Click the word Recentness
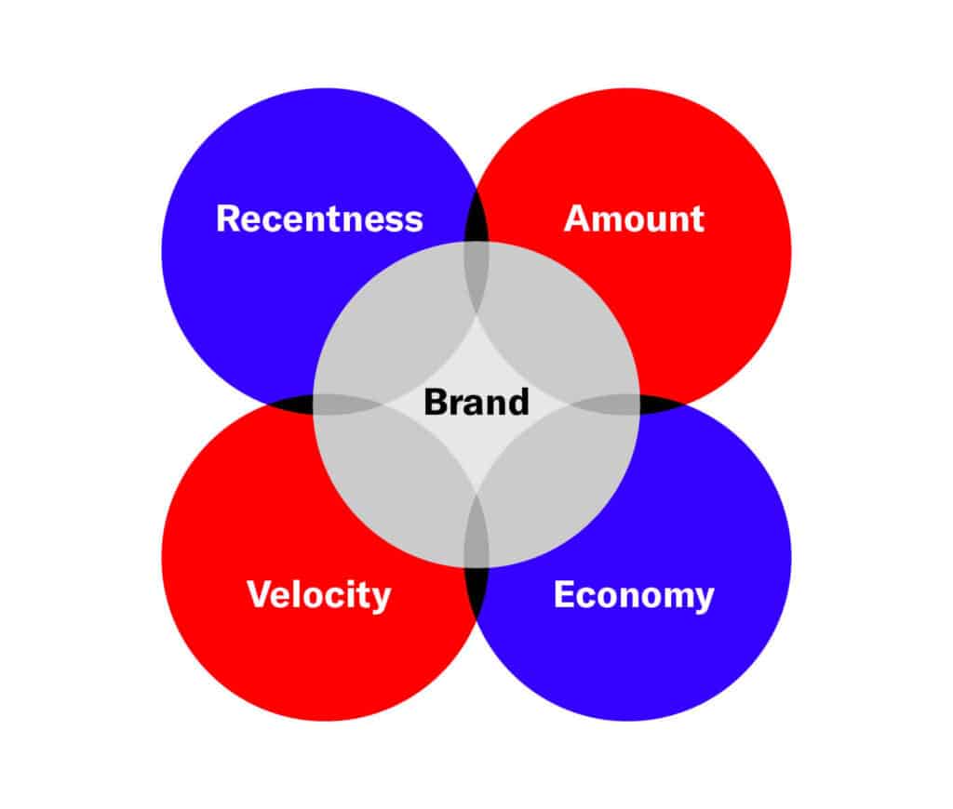click(x=319, y=219)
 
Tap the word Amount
click(x=634, y=219)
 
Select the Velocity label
click(x=318, y=594)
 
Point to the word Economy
click(x=634, y=594)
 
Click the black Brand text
click(x=476, y=403)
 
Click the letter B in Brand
click(x=435, y=403)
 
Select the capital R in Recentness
click(x=228, y=219)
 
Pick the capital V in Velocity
click(x=259, y=594)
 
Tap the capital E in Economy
click(x=564, y=594)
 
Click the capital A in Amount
click(x=577, y=219)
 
